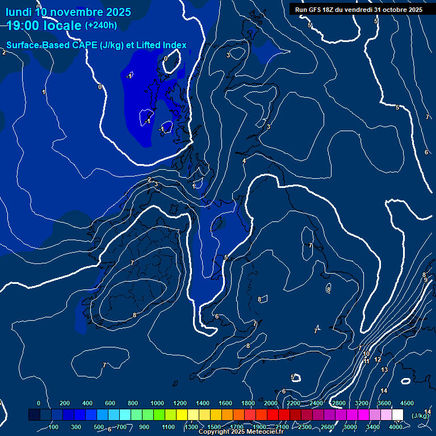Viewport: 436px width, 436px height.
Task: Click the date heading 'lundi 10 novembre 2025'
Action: [68, 12]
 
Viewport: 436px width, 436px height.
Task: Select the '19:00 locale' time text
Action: [44, 26]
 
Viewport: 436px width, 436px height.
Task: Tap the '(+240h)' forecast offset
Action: [100, 26]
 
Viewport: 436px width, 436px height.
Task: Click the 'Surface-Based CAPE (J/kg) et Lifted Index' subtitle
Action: [97, 45]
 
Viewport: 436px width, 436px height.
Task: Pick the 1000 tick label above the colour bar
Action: [157, 403]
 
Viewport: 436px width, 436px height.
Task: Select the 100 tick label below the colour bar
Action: [54, 427]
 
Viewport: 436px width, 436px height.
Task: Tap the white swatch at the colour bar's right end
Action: [397, 415]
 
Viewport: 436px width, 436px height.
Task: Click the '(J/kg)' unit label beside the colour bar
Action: [420, 416]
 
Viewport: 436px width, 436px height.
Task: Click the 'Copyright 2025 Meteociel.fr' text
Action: [241, 432]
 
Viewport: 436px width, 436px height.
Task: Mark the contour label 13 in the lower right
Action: [384, 370]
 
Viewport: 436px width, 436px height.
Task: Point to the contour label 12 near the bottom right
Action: [378, 359]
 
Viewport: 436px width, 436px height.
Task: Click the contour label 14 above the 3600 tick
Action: [384, 391]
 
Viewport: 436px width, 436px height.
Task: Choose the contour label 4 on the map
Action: [244, 161]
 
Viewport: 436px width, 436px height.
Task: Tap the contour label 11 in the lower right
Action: [367, 361]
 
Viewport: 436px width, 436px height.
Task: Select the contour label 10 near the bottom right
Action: [366, 354]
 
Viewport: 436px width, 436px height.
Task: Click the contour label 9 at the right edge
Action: [425, 280]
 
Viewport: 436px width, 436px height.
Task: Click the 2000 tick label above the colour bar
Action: [271, 403]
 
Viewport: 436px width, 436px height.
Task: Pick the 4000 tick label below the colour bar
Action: [396, 427]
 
